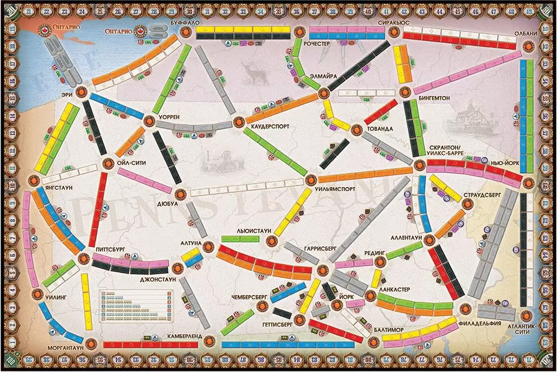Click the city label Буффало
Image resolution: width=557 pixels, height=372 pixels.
pyautogui.click(x=183, y=21)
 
